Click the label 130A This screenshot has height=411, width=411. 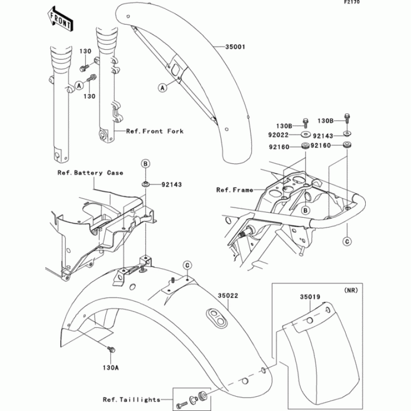coord(110,368)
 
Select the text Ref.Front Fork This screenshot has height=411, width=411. coord(155,132)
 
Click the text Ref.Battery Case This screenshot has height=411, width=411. coord(90,173)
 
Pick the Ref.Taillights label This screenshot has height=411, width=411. coord(131,399)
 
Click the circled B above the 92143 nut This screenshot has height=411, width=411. coord(146,164)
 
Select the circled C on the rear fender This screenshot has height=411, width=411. coord(188,265)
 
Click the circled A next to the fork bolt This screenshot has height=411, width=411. coord(79,85)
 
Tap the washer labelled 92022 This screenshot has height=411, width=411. coord(304,135)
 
